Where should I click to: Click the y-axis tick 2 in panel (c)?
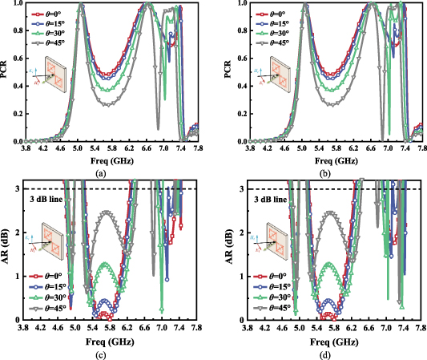[26, 232]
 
